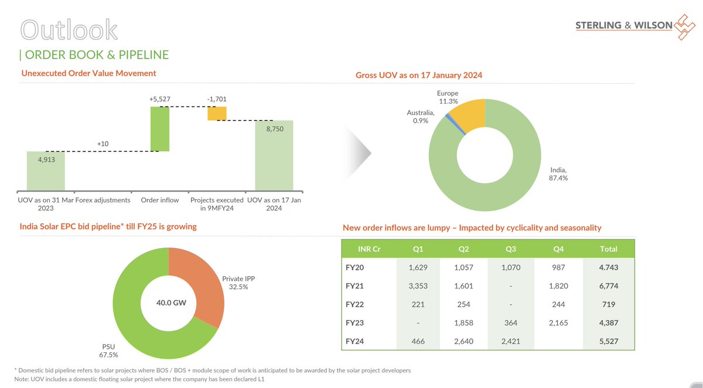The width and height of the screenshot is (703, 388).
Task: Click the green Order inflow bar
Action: click(159, 129)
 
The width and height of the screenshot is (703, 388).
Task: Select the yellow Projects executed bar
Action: click(217, 113)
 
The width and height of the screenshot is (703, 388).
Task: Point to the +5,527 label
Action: click(159, 99)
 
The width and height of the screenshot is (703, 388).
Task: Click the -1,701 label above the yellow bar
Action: click(217, 99)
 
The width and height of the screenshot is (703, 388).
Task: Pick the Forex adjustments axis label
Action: click(103, 200)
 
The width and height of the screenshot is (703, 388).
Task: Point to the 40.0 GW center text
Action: click(168, 303)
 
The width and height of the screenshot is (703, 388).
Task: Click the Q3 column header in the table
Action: click(510, 249)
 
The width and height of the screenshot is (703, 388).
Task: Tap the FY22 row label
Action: click(355, 305)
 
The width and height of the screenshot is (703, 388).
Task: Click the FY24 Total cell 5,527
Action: click(609, 341)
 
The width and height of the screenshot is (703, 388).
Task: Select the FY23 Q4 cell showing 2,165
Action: click(559, 323)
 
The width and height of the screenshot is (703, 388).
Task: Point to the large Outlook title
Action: click(68, 30)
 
